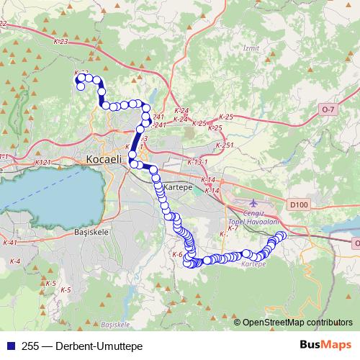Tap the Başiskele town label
[91, 233]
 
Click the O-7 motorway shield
[328, 109]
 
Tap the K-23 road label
[60, 42]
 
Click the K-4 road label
[14, 261]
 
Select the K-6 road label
[176, 255]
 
